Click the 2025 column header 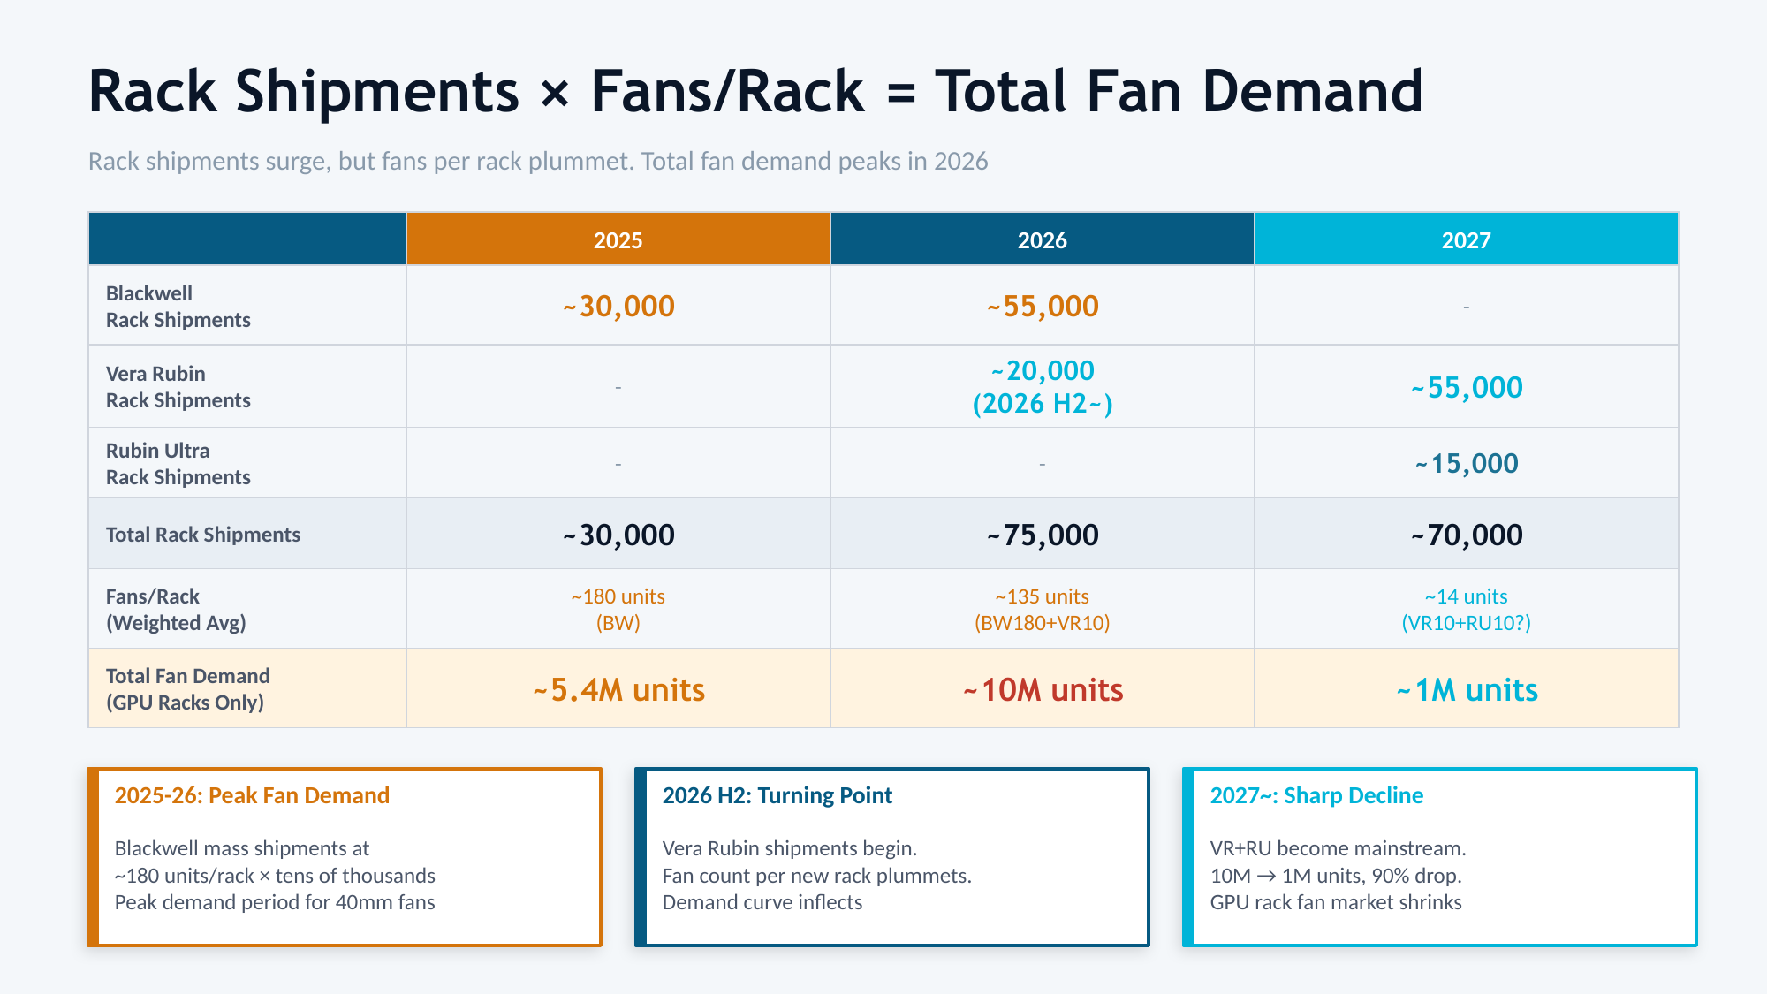pyautogui.click(x=618, y=240)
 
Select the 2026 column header pyautogui.click(x=1042, y=240)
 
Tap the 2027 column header pyautogui.click(x=1466, y=240)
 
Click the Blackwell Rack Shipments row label pyautogui.click(x=178, y=307)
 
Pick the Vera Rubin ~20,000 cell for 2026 pyautogui.click(x=1043, y=386)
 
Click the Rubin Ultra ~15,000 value pyautogui.click(x=1467, y=464)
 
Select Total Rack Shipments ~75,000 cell pyautogui.click(x=1043, y=535)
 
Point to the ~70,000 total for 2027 pyautogui.click(x=1467, y=535)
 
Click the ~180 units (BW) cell pyautogui.click(x=618, y=610)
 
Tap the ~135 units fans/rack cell pyautogui.click(x=1043, y=610)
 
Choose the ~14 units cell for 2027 pyautogui.click(x=1467, y=610)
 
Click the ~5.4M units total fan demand pyautogui.click(x=618, y=690)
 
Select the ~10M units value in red pyautogui.click(x=1043, y=690)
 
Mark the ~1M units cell pyautogui.click(x=1467, y=690)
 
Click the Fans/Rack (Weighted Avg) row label pyautogui.click(x=176, y=610)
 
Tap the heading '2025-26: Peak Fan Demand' pyautogui.click(x=252, y=795)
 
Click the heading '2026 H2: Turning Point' pyautogui.click(x=777, y=795)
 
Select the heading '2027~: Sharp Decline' pyautogui.click(x=1316, y=795)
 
